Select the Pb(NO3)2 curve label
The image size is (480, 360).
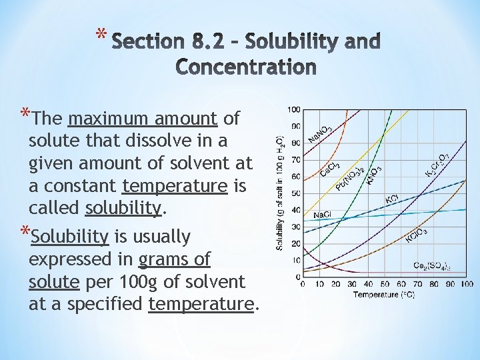349,177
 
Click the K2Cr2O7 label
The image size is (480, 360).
437,165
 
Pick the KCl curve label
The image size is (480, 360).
393,199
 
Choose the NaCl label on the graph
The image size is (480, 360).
323,215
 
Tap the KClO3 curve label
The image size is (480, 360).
417,235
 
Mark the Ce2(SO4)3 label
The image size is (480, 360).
433,267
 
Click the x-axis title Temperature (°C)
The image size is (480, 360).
383,294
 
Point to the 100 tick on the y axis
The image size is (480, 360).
293,109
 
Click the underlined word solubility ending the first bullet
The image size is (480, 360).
124,207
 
